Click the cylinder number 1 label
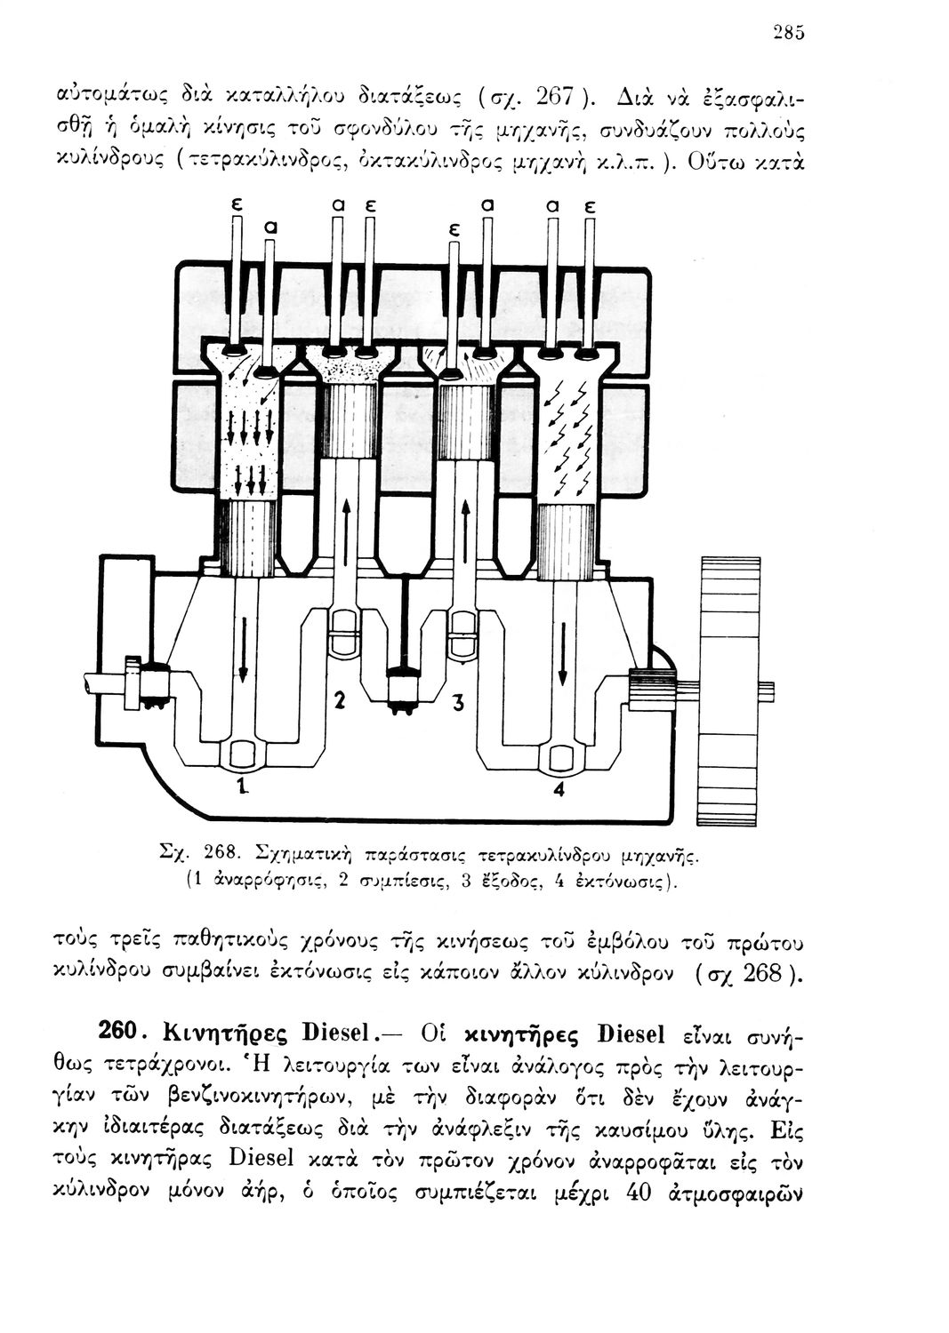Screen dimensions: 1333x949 pyautogui.click(x=239, y=785)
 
